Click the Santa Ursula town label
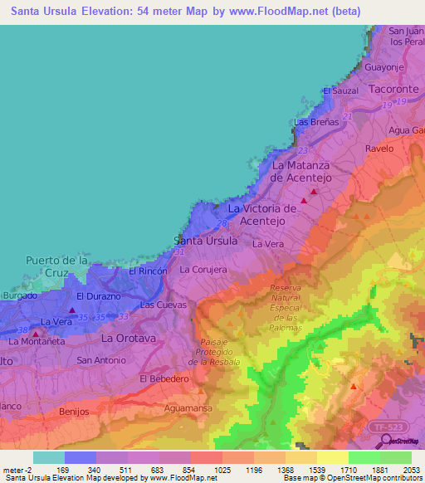click(x=205, y=241)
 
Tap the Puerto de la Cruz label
click(x=57, y=266)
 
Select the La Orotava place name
click(x=129, y=339)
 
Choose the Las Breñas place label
click(x=316, y=122)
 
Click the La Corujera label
click(x=203, y=270)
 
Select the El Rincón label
click(x=148, y=271)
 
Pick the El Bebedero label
click(x=161, y=378)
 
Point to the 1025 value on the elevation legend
click(x=222, y=471)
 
